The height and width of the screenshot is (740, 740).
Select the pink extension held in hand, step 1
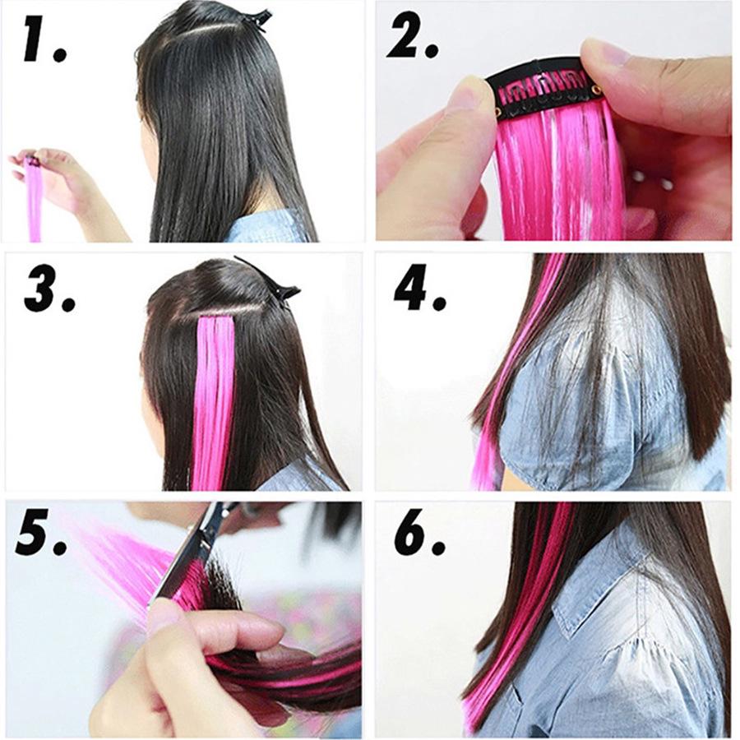point(34,201)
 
